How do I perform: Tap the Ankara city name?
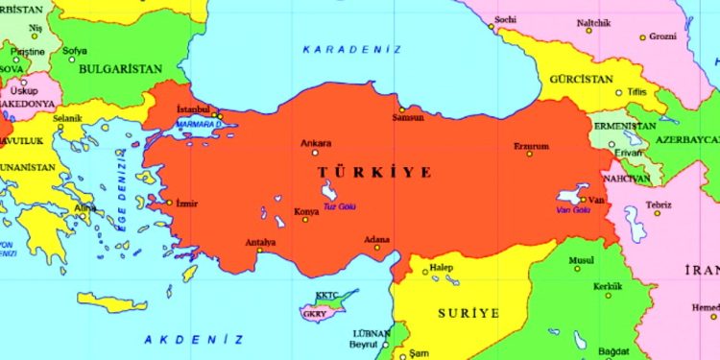tap(316, 144)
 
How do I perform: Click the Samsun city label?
tap(408, 118)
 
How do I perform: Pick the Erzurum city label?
tap(531, 146)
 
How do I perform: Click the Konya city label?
tap(306, 210)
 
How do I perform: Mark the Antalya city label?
tap(261, 242)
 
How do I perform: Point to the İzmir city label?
tap(186, 203)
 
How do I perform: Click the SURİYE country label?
tap(468, 313)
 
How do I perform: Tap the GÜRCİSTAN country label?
tap(581, 79)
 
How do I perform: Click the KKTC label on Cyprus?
tap(328, 295)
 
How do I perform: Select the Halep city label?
tap(441, 266)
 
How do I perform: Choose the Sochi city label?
tap(505, 19)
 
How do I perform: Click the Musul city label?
tap(582, 260)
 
